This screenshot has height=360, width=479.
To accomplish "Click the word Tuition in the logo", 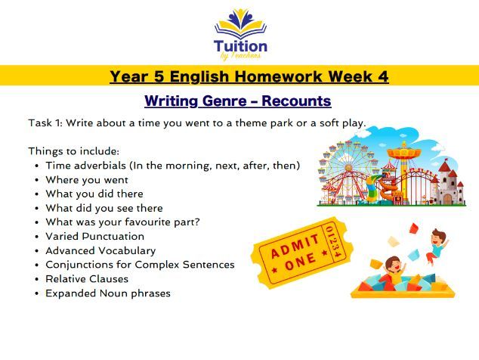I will pyautogui.click(x=239, y=45).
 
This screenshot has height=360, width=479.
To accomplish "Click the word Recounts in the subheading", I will pyautogui.click(x=292, y=101).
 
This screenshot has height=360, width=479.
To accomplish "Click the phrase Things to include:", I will pyautogui.click(x=73, y=151).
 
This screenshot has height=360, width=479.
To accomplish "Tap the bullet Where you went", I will pyautogui.click(x=87, y=179).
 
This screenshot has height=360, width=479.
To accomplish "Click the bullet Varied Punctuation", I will pyautogui.click(x=94, y=236).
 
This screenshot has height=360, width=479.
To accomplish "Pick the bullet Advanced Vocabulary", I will pyautogui.click(x=100, y=250).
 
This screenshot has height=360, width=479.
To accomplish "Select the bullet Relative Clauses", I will pyautogui.click(x=87, y=278).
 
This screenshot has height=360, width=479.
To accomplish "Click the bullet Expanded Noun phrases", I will pyautogui.click(x=108, y=293).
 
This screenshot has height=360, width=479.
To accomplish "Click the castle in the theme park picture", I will pyautogui.click(x=449, y=181).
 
